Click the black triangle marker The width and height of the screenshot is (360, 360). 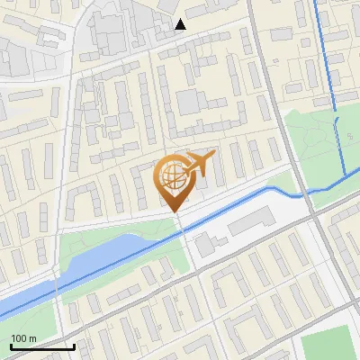point(180,24)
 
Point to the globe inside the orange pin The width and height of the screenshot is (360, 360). point(173,175)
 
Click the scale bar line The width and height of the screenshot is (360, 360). point(42,346)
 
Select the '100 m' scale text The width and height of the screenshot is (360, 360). point(24,338)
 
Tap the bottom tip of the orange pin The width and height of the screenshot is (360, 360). point(175,211)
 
